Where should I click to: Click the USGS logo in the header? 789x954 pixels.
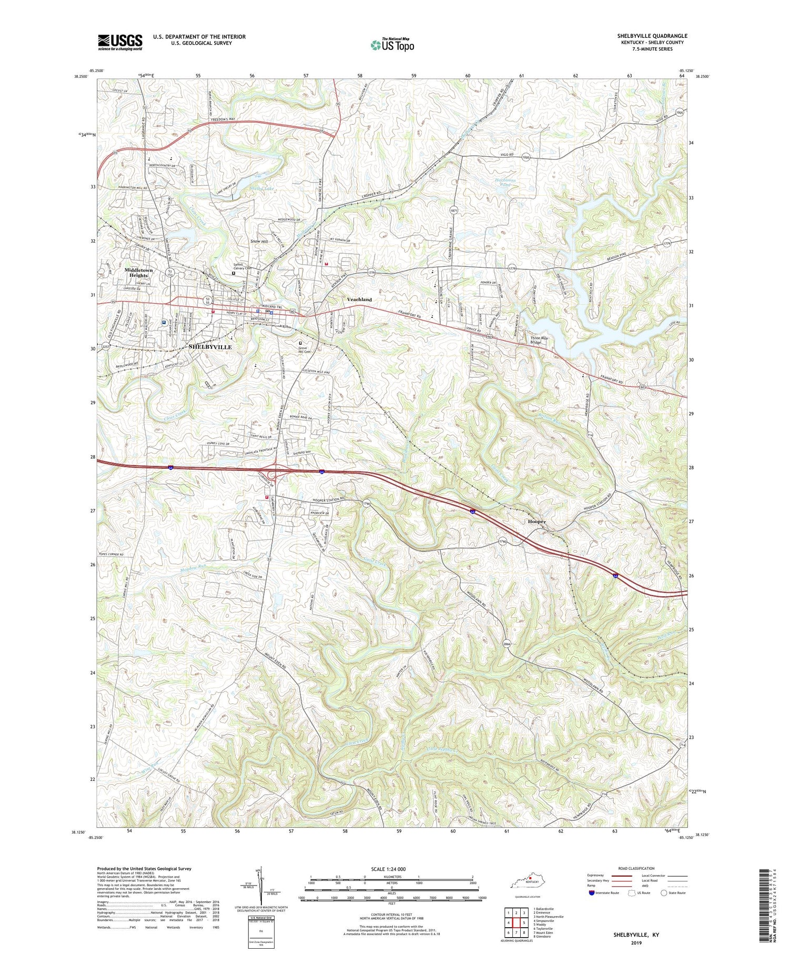coord(120,42)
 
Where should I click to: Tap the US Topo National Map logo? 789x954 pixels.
coord(391,45)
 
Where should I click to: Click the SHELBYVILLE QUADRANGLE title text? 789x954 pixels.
coord(652,36)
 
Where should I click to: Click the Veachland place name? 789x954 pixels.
coord(359,299)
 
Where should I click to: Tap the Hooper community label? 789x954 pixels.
coord(537,521)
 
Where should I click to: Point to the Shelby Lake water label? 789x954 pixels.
coord(262,188)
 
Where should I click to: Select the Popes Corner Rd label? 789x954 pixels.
coord(110,555)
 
